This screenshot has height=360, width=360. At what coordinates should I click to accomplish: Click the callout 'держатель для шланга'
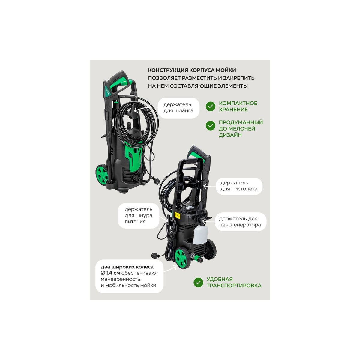coord(178,108)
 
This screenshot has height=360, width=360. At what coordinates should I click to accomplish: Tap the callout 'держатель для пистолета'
coord(239,186)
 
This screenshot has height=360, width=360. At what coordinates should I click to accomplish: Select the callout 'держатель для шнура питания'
coord(138,215)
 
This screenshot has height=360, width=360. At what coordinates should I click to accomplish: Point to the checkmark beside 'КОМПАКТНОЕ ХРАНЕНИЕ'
coord(211,106)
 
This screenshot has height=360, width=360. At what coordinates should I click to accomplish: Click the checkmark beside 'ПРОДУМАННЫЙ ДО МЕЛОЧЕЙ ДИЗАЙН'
coord(211,125)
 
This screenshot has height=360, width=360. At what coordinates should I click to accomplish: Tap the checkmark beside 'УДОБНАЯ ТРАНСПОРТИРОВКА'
coord(198,283)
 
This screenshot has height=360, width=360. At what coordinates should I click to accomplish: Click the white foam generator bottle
coord(200,235)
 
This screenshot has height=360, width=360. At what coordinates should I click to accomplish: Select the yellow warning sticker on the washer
coord(177,215)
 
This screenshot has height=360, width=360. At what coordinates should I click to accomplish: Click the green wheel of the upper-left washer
coord(102,175)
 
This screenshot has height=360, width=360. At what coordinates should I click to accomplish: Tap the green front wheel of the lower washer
coord(182,258)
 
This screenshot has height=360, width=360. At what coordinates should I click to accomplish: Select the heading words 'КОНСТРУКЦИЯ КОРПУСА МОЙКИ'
coord(192,70)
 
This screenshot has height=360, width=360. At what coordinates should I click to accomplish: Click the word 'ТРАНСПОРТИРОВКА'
coord(234,286)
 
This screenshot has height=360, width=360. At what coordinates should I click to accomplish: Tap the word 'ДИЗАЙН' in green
coord(230,135)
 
